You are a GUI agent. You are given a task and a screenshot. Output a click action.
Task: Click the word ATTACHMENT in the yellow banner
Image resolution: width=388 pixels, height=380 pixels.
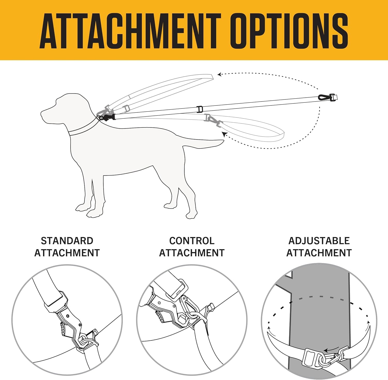tap(130, 31)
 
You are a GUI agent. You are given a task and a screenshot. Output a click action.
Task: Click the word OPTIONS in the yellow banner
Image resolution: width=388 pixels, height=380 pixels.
tap(289, 31)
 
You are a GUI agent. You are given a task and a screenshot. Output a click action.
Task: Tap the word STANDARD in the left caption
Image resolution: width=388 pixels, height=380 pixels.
tap(67, 241)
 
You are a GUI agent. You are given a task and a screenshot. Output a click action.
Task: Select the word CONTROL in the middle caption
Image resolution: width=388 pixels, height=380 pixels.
tap(192, 241)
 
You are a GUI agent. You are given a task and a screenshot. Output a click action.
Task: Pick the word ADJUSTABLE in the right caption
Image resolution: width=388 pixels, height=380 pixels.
tap(319, 241)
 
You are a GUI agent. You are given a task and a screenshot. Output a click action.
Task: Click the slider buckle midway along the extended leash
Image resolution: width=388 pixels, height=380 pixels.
tap(199, 109)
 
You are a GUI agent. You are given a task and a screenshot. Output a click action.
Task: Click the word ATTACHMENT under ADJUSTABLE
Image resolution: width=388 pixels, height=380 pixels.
tap(319, 253)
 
